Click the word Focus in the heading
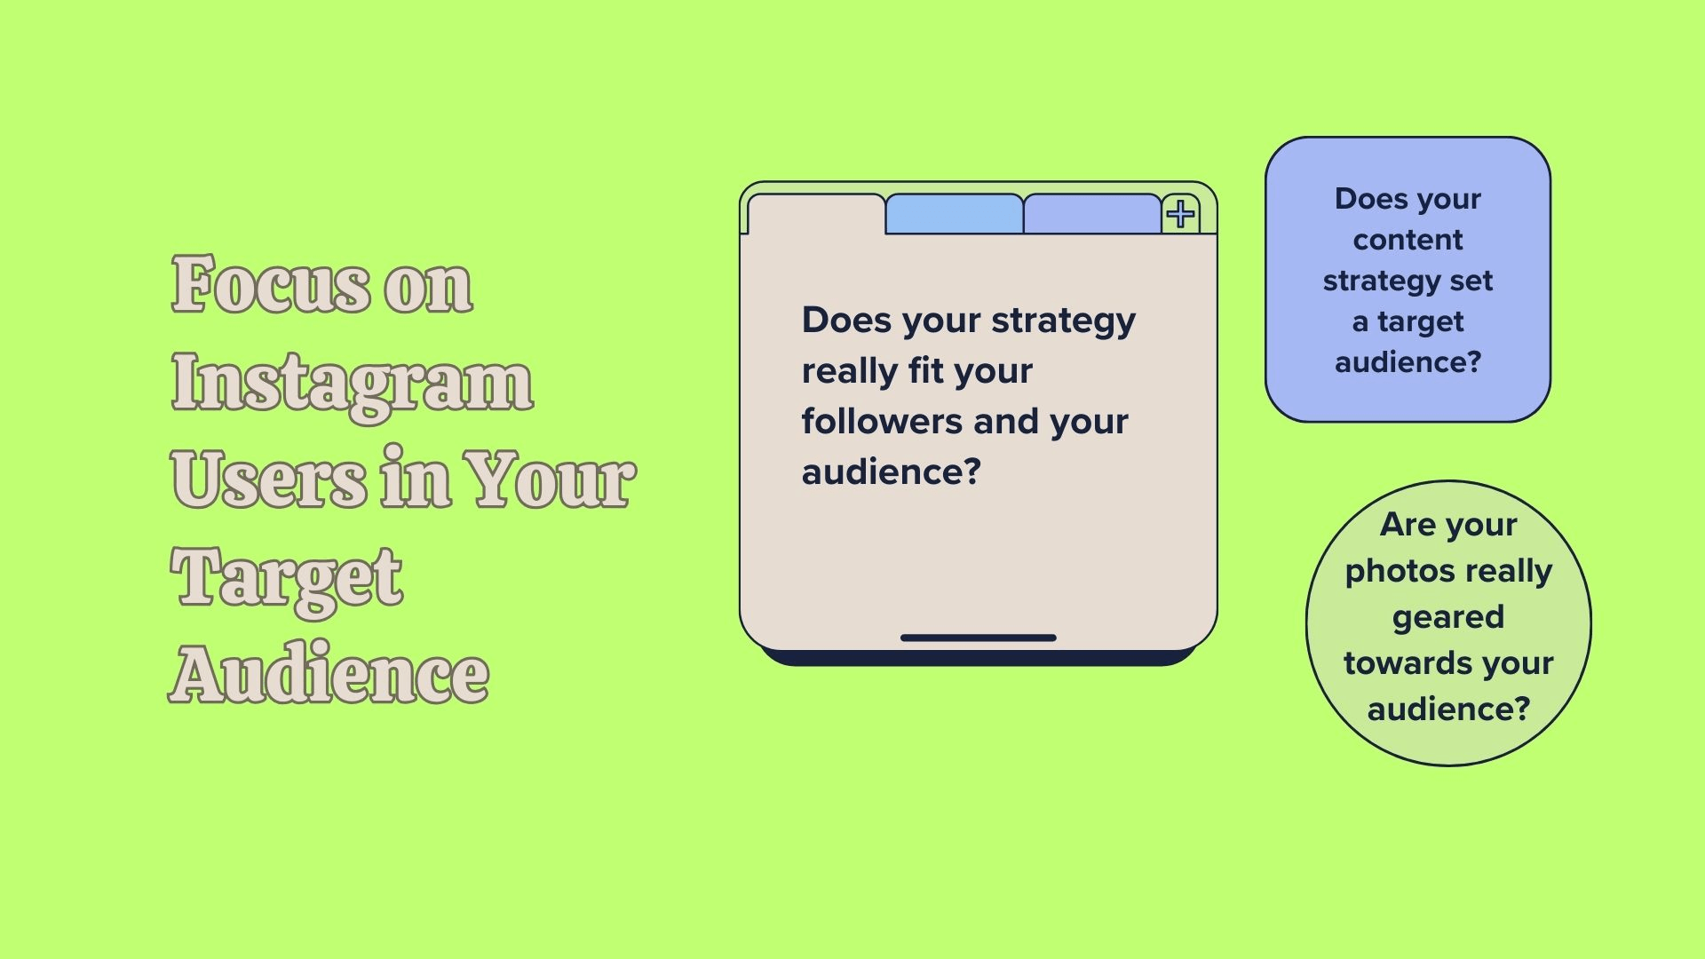click(270, 284)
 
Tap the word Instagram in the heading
click(352, 384)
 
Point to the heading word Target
click(287, 579)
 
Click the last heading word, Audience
click(329, 673)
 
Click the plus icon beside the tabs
click(1180, 214)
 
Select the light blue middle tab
click(954, 214)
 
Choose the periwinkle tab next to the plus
click(1092, 214)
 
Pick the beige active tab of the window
click(816, 214)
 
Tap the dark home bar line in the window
click(978, 638)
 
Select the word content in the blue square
click(1408, 240)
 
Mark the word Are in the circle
click(1408, 525)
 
